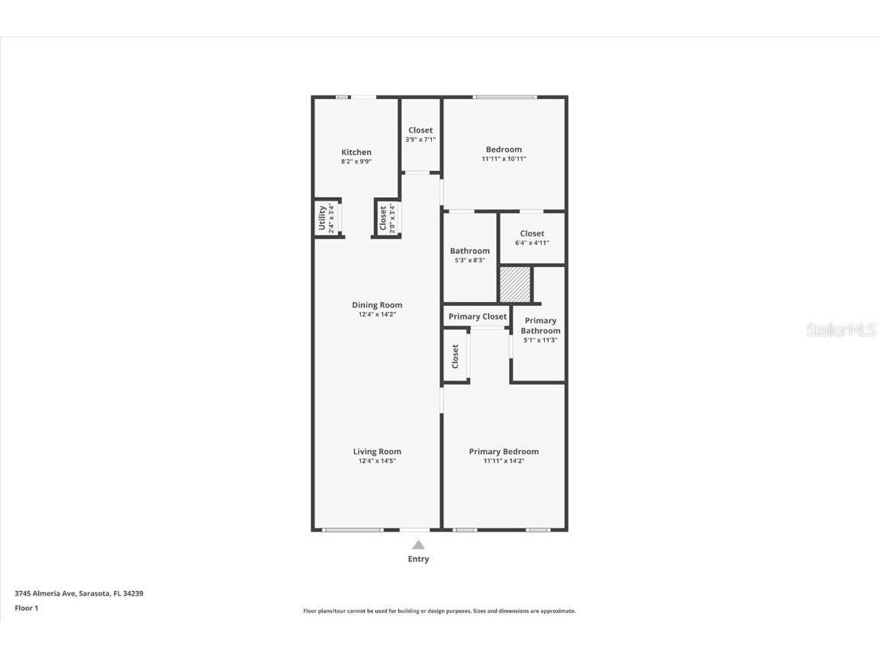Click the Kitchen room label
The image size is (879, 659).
tap(356, 153)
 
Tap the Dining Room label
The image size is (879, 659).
tap(377, 305)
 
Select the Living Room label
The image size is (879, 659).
tap(377, 452)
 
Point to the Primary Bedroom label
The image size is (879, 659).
tap(504, 452)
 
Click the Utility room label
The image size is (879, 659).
tap(322, 218)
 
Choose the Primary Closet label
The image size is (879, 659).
tap(478, 317)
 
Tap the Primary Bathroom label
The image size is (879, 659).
tap(540, 326)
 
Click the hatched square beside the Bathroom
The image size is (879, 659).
tap(514, 284)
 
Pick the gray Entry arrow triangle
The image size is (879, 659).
tap(418, 545)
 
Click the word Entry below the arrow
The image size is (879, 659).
tap(418, 559)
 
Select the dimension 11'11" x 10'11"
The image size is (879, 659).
tap(504, 159)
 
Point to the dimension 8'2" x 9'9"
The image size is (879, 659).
tap(356, 162)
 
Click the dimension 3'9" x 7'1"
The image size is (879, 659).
tap(420, 140)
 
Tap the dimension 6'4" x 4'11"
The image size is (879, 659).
tap(532, 243)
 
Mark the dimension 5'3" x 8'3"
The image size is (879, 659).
tap(469, 260)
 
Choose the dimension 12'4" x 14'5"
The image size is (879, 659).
tap(377, 461)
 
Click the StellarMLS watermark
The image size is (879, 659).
tap(842, 330)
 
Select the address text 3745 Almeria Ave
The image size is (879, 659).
tap(46, 593)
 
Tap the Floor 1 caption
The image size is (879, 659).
tap(26, 608)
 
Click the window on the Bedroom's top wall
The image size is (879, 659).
tap(504, 97)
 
